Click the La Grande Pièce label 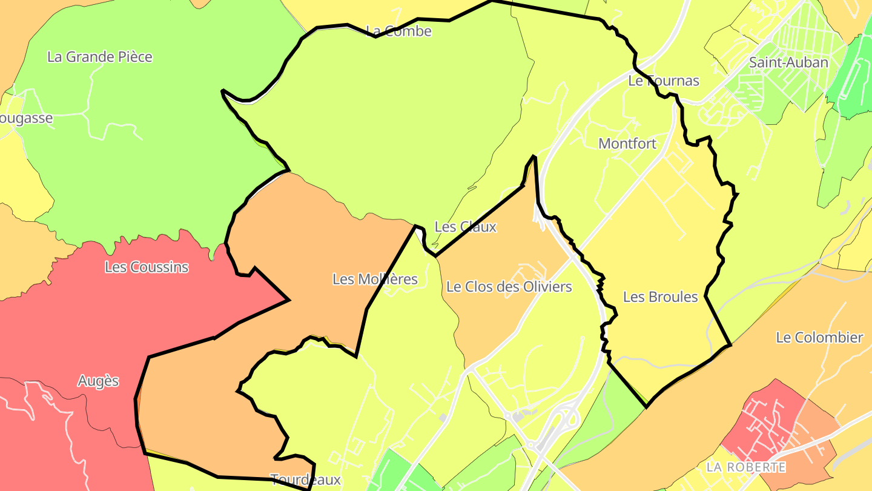point(100,57)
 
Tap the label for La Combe point(399,32)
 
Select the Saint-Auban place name point(788,62)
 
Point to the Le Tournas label point(664,81)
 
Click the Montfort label point(627,144)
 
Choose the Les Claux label point(465,227)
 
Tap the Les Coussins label point(147,267)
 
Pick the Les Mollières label point(375,279)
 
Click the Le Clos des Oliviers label point(509,287)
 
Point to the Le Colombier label point(819,338)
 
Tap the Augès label point(98,381)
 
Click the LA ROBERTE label point(746,467)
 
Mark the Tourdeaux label point(305,480)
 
